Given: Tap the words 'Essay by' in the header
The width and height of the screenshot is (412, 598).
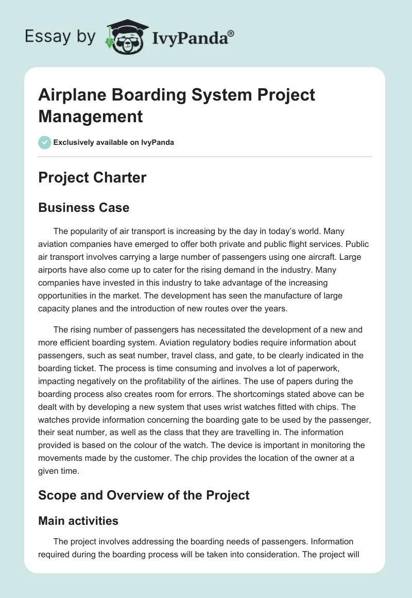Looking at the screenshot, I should pos(61,37).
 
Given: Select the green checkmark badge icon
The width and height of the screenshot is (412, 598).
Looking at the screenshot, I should pos(45,142).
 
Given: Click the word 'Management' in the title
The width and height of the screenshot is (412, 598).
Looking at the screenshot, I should pos(90,117).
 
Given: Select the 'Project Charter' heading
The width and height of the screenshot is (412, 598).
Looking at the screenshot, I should pos(92,178).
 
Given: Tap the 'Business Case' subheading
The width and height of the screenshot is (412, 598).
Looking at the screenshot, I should pos(83,207).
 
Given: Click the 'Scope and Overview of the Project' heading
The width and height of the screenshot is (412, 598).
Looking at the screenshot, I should pos(144,495).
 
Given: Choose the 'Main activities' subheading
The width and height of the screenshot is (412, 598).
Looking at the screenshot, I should pos(78,521).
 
